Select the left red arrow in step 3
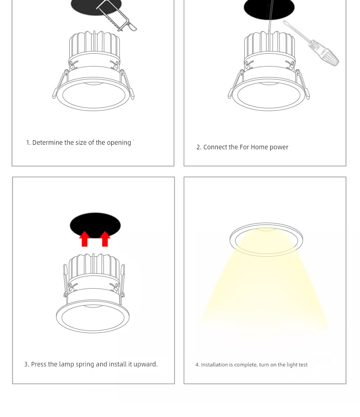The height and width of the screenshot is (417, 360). click(84, 239)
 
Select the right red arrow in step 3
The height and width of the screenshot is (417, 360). click(105, 239)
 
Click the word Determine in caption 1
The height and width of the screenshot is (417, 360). click(47, 142)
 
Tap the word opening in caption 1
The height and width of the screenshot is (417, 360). click(119, 143)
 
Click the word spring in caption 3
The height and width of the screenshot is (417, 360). click(85, 365)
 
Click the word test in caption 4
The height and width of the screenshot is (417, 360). click(303, 365)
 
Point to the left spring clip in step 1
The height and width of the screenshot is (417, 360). click(60, 85)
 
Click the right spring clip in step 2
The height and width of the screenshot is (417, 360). click(302, 85)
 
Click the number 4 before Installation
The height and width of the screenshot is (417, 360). click(197, 365)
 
